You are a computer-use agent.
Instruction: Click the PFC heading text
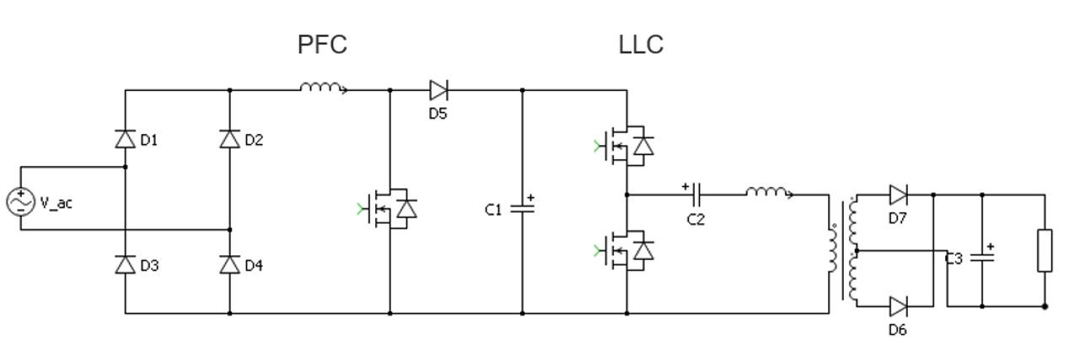pyautogui.click(x=322, y=45)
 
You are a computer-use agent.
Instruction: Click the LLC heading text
pyautogui.click(x=641, y=45)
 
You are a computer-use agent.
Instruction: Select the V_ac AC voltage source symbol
pyautogui.click(x=20, y=202)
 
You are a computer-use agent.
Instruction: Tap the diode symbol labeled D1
pyautogui.click(x=126, y=139)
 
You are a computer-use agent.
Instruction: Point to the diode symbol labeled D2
pyautogui.click(x=230, y=139)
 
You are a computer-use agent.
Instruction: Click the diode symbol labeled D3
pyautogui.click(x=126, y=265)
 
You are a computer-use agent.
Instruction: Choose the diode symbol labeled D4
pyautogui.click(x=230, y=265)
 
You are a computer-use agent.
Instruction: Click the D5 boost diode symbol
pyautogui.click(x=438, y=89)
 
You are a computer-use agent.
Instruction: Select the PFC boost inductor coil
pyautogui.click(x=323, y=87)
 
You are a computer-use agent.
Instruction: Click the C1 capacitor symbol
pyautogui.click(x=523, y=207)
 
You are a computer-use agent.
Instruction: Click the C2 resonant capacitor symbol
pyautogui.click(x=697, y=195)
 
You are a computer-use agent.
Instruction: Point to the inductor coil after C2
pyautogui.click(x=767, y=193)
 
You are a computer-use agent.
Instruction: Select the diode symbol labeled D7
pyautogui.click(x=899, y=195)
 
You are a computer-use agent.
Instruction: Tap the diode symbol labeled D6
pyautogui.click(x=899, y=305)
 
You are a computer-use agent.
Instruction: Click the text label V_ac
pyautogui.click(x=56, y=203)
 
